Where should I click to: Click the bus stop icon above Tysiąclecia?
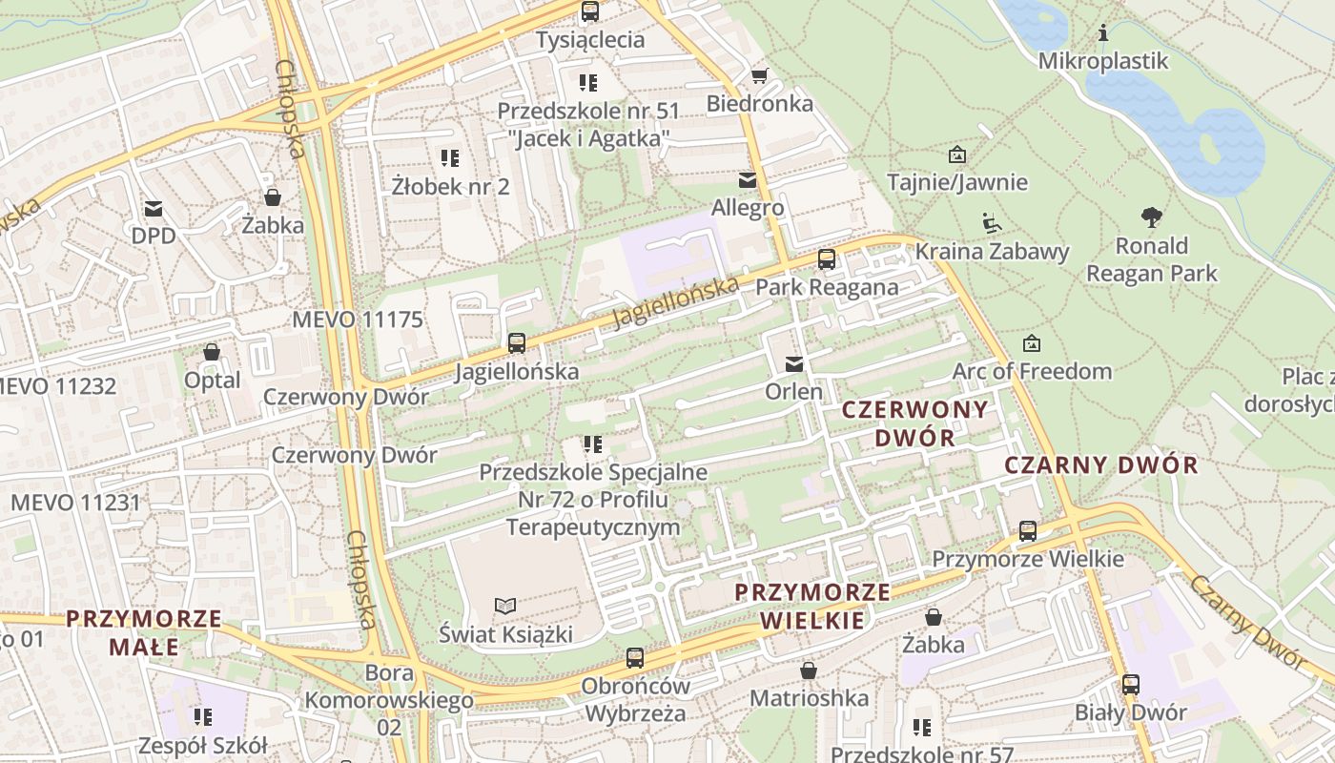pos(590,12)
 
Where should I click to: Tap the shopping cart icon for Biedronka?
pos(760,76)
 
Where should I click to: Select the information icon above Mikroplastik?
pos(1103,33)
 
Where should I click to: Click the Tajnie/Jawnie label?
pos(957,182)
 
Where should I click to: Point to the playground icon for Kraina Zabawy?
pos(991,223)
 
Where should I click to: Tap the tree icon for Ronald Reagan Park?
pos(1152,217)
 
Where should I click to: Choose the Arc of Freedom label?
pos(1033,371)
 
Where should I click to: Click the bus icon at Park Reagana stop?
pos(827,259)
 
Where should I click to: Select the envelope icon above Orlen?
pos(793,364)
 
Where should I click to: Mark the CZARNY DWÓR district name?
pos(1101,465)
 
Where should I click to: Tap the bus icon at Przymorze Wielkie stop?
pos(1028,531)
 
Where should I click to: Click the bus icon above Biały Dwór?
pos(1131,684)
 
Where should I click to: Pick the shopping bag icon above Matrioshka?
pos(809,671)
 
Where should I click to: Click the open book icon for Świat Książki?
pos(505,606)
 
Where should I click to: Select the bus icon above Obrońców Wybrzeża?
pos(635,658)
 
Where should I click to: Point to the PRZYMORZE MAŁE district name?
pos(144,633)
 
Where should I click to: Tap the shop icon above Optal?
pos(212,353)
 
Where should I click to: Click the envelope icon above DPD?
pos(154,209)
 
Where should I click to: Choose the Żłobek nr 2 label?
pos(450,186)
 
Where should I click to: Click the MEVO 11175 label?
pos(357,320)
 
